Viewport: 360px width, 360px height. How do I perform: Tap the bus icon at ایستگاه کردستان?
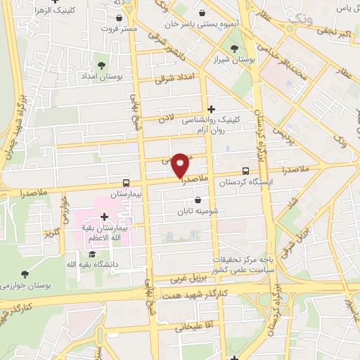(245, 171)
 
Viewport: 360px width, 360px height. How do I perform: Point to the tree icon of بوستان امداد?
(98, 66)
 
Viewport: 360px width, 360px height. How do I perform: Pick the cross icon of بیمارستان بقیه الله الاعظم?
(104, 217)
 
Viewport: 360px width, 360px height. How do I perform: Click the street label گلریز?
(50, 233)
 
